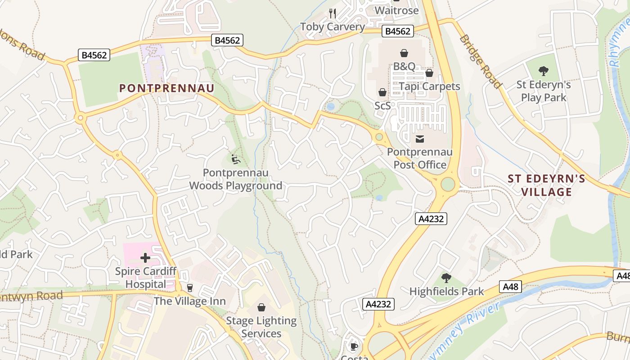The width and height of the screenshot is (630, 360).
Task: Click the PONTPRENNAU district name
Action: pyautogui.click(x=166, y=88)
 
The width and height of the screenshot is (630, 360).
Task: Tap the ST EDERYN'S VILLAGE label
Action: pyautogui.click(x=546, y=185)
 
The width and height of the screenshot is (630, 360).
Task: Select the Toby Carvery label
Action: pyautogui.click(x=333, y=27)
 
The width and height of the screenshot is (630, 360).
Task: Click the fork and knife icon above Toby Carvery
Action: pyautogui.click(x=333, y=13)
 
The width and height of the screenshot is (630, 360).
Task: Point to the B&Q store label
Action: pyautogui.click(x=404, y=66)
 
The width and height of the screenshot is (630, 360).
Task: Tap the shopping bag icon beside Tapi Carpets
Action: pyautogui.click(x=429, y=73)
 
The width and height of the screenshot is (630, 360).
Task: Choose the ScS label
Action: pyautogui.click(x=382, y=105)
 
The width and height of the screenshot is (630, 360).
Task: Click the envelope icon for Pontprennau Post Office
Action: pyautogui.click(x=420, y=139)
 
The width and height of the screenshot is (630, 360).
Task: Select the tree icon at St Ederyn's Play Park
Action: pyautogui.click(x=544, y=71)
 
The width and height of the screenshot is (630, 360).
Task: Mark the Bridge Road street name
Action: pyautogui.click(x=480, y=61)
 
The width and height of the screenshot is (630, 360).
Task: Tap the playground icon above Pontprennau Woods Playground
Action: pyautogui.click(x=235, y=159)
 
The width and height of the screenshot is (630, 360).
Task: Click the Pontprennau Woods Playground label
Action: pyautogui.click(x=235, y=179)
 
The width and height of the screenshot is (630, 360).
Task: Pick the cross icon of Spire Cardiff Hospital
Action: pyautogui.click(x=145, y=258)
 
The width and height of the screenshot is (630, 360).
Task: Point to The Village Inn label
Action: pyautogui.click(x=189, y=301)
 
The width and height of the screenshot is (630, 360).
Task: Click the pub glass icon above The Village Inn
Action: pyautogui.click(x=189, y=288)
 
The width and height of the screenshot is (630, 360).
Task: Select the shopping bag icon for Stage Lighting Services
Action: pyautogui.click(x=261, y=307)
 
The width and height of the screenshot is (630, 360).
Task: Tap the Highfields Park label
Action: pyautogui.click(x=446, y=291)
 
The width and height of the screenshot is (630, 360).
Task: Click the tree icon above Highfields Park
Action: pyautogui.click(x=446, y=278)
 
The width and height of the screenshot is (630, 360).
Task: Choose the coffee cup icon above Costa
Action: pyautogui.click(x=354, y=346)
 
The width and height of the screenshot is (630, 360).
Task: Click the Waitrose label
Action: pyautogui.click(x=396, y=10)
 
